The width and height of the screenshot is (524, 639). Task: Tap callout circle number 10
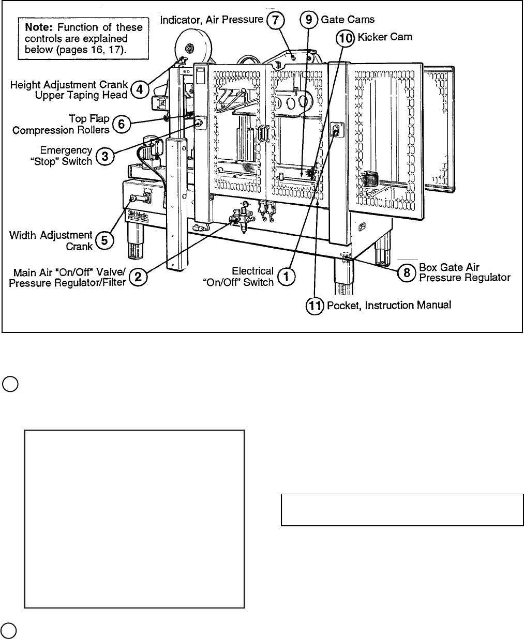pyautogui.click(x=345, y=37)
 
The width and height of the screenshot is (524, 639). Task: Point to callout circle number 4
pyautogui.click(x=138, y=89)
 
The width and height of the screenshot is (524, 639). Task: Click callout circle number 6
pyautogui.click(x=121, y=124)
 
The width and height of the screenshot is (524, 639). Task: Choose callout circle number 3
pyautogui.click(x=105, y=157)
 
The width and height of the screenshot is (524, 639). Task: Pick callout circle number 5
pyautogui.click(x=105, y=240)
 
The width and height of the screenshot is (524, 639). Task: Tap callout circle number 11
pyautogui.click(x=315, y=306)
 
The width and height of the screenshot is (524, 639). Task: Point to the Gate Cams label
pyautogui.click(x=348, y=20)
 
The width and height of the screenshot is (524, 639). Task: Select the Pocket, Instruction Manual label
pyautogui.click(x=389, y=306)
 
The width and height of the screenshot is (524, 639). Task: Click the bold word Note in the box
pyautogui.click(x=37, y=27)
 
